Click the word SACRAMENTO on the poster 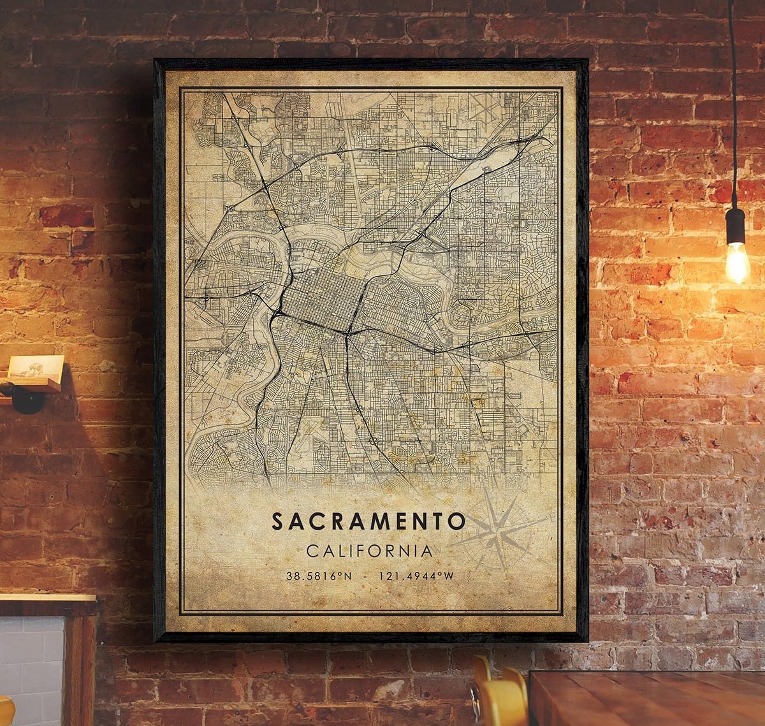coord(368,521)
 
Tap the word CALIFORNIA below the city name coord(369,550)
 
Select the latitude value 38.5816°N coord(319,576)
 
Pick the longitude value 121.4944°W coord(416,576)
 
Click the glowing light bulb coord(737,263)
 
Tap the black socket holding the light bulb coord(735,226)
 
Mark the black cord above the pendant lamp coord(732,96)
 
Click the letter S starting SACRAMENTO coord(277,521)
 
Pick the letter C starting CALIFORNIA coord(311,550)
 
